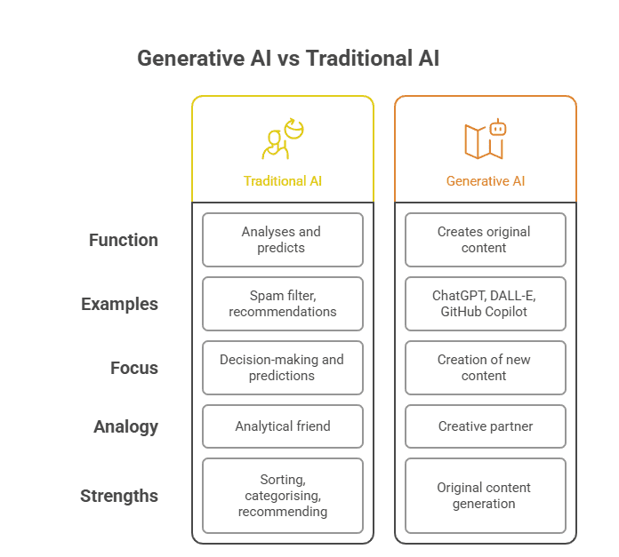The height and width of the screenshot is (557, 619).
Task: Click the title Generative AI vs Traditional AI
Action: pyautogui.click(x=288, y=59)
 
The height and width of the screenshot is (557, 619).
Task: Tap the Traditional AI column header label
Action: pyautogui.click(x=283, y=181)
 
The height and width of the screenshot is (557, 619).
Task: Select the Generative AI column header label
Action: pyautogui.click(x=486, y=181)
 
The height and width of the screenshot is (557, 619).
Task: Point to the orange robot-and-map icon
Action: pyautogui.click(x=486, y=139)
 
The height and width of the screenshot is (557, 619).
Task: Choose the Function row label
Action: pyautogui.click(x=124, y=240)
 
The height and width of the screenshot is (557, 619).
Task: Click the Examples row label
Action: pyautogui.click(x=119, y=304)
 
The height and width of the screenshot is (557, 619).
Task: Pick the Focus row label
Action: pyautogui.click(x=134, y=368)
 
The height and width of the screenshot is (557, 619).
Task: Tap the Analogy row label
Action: pyautogui.click(x=125, y=426)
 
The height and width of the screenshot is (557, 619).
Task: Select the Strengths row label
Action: pyautogui.click(x=119, y=496)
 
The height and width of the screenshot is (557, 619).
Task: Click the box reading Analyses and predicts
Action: pyautogui.click(x=283, y=240)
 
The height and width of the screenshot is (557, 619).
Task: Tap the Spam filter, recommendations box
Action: pyautogui.click(x=283, y=304)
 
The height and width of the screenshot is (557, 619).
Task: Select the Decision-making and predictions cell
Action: pyautogui.click(x=283, y=368)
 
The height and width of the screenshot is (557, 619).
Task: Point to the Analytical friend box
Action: pyautogui.click(x=283, y=426)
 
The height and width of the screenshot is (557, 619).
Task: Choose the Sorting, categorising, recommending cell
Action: pyautogui.click(x=283, y=496)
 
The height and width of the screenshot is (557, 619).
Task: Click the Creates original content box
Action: pyautogui.click(x=486, y=240)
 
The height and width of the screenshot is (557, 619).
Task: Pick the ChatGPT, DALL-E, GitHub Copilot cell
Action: pyautogui.click(x=486, y=304)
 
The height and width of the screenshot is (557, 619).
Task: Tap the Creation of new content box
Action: pyautogui.click(x=486, y=368)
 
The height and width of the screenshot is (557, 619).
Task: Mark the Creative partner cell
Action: pyautogui.click(x=486, y=426)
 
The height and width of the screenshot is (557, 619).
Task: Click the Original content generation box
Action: pyautogui.click(x=486, y=496)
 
